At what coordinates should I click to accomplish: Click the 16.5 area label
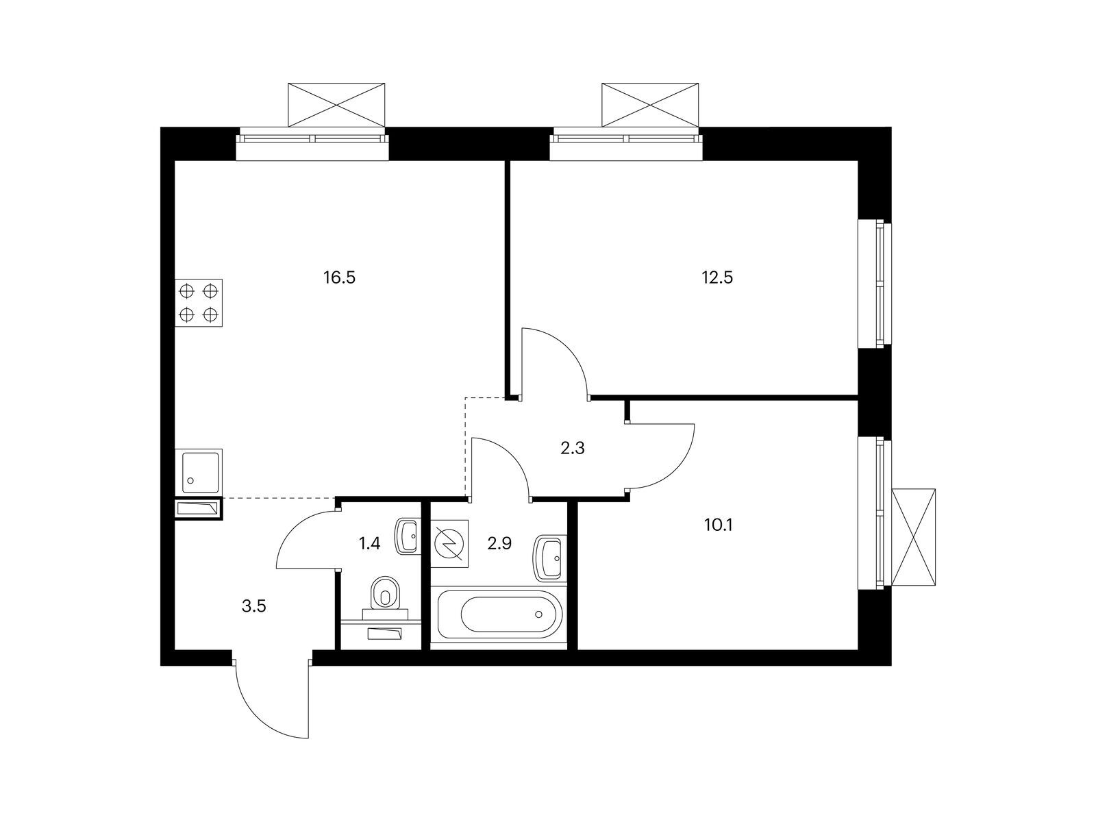point(339,277)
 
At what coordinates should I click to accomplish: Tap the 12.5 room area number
point(717,277)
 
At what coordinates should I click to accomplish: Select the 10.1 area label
point(718,525)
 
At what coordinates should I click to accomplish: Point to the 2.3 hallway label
point(572,448)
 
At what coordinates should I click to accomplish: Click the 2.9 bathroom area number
point(499,543)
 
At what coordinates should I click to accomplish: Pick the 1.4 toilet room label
point(369,543)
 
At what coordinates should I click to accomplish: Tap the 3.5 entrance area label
point(253,606)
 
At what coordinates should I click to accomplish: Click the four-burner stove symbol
point(199,303)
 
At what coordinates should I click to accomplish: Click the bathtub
point(499,614)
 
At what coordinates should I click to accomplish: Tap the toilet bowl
point(386,594)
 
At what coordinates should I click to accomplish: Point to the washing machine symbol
point(449,543)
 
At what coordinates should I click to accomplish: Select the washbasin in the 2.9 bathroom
point(551,558)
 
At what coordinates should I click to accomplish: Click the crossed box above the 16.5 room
point(336,105)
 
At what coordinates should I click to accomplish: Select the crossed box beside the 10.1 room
point(913,537)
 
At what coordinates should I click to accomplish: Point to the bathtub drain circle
point(538,614)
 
